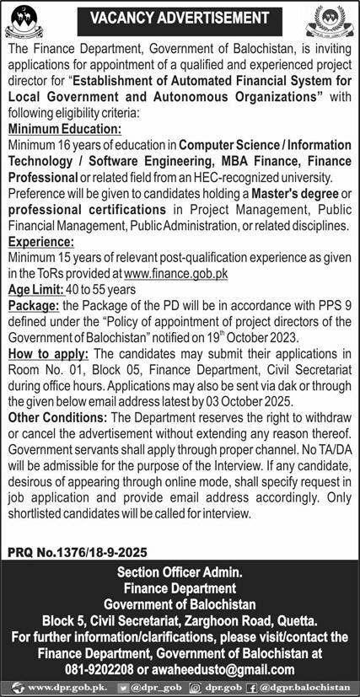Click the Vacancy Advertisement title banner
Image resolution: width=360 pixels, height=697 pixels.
click(x=179, y=17)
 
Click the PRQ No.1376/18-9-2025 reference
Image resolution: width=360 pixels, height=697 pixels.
click(x=77, y=552)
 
